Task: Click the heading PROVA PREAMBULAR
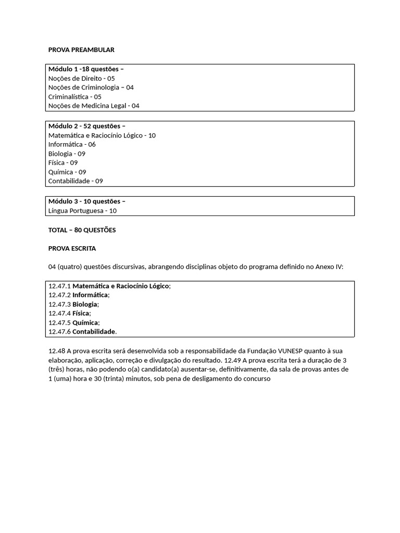tap(81, 49)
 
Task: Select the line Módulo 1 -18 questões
tap(86, 69)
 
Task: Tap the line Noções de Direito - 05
tap(81, 78)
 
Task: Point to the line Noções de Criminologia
tap(91, 87)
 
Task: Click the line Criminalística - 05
tap(74, 96)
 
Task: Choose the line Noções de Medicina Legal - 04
tap(94, 106)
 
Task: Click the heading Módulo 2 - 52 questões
tap(87, 126)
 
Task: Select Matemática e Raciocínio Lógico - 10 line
tap(102, 135)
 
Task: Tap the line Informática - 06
tap(72, 144)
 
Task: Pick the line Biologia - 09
tap(67, 154)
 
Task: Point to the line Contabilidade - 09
tap(76, 181)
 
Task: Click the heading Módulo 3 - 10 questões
tap(87, 201)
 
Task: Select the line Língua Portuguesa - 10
tap(82, 211)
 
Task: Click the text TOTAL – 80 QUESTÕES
tap(82, 230)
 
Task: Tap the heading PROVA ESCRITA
tap(72, 248)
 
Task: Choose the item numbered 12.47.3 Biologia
tap(73, 304)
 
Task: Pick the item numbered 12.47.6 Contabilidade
tap(82, 332)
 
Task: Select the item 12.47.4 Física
tap(69, 313)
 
